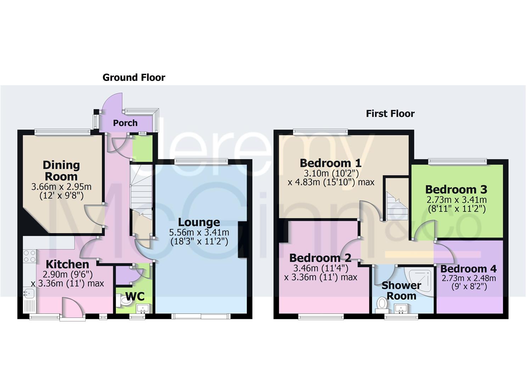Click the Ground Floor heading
[x=134, y=77]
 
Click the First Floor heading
[x=390, y=114]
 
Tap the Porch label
[x=125, y=123]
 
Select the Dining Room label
[x=61, y=170]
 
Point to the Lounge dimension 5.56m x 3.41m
[x=199, y=233]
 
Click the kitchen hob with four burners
[x=29, y=256]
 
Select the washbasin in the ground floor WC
[x=144, y=308]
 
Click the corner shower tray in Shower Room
[x=422, y=279]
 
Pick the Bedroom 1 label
[x=330, y=163]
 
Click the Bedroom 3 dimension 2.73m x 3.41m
[x=456, y=200]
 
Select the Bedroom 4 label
[x=468, y=269]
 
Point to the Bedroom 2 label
[x=320, y=258]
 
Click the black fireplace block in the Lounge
[x=243, y=239]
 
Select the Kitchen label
[x=67, y=264]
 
